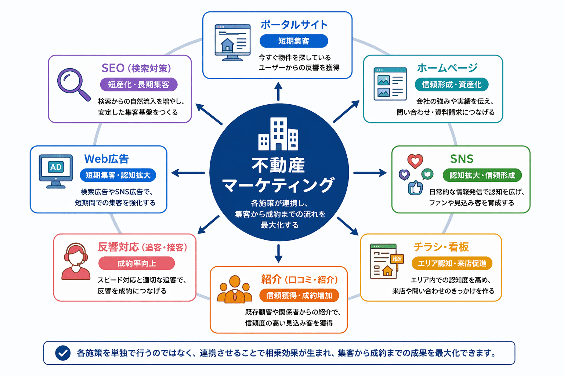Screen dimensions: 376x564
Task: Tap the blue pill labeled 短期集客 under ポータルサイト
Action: [293, 41]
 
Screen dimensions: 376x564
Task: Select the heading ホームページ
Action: [447, 68]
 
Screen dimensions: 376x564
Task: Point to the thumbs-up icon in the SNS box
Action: [415, 188]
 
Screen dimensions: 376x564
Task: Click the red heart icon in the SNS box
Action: [415, 161]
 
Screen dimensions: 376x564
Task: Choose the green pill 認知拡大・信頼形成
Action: [482, 175]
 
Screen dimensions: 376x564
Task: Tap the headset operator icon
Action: [76, 261]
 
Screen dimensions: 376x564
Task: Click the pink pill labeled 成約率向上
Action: [137, 263]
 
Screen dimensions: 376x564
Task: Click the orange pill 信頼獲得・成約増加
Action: [299, 296]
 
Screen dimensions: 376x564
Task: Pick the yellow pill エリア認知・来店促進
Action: [452, 263]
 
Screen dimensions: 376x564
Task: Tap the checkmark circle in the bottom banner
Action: [63, 353]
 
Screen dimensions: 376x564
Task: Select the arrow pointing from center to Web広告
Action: [188, 173]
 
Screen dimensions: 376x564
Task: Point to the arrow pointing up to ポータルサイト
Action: [278, 91]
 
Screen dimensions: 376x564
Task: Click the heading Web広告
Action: [106, 159]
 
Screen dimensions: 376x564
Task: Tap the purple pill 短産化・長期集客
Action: [138, 84]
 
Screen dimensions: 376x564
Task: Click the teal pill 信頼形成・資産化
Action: [451, 84]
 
